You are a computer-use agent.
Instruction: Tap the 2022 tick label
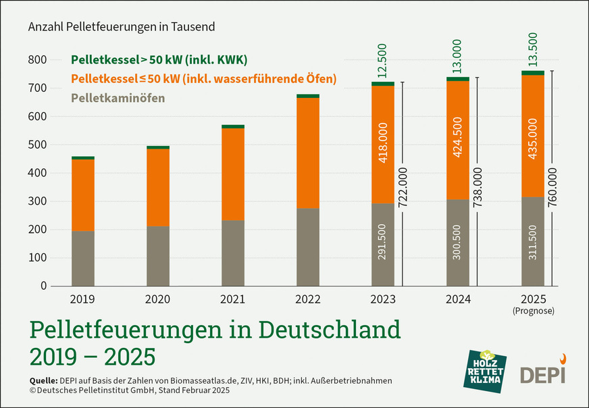pyautogui.click(x=307, y=298)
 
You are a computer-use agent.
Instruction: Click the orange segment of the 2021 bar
pyautogui.click(x=233, y=174)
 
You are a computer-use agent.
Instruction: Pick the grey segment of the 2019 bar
pyautogui.click(x=83, y=258)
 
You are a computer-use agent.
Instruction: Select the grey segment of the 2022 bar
pyautogui.click(x=308, y=247)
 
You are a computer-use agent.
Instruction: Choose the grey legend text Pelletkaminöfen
pyautogui.click(x=118, y=99)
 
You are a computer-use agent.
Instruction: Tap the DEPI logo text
pyautogui.click(x=542, y=374)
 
